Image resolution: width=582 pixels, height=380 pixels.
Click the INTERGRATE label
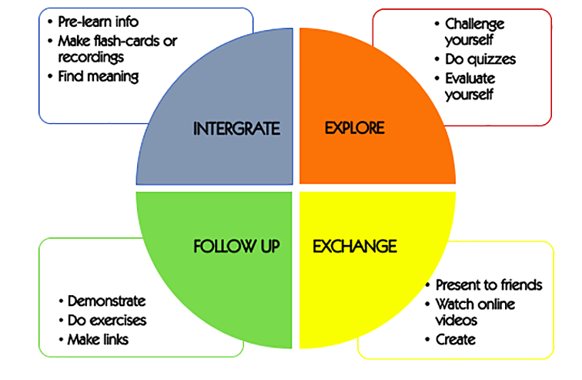[x=236, y=127]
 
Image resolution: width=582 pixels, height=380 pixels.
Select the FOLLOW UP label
[x=236, y=247]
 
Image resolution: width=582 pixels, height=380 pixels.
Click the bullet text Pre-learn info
[x=99, y=21]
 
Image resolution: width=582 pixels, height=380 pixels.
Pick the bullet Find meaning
[x=98, y=76]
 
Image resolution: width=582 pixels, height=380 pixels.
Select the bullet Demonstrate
[x=106, y=301]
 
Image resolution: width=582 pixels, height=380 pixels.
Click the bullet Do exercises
[x=107, y=320]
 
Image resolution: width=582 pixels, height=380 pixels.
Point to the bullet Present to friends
[x=489, y=284]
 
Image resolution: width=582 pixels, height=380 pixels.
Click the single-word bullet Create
[x=456, y=339]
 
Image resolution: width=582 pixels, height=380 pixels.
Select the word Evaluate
[x=470, y=78]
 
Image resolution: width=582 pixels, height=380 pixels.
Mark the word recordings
[x=91, y=57]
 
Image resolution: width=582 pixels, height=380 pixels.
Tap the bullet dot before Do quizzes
[x=437, y=59]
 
